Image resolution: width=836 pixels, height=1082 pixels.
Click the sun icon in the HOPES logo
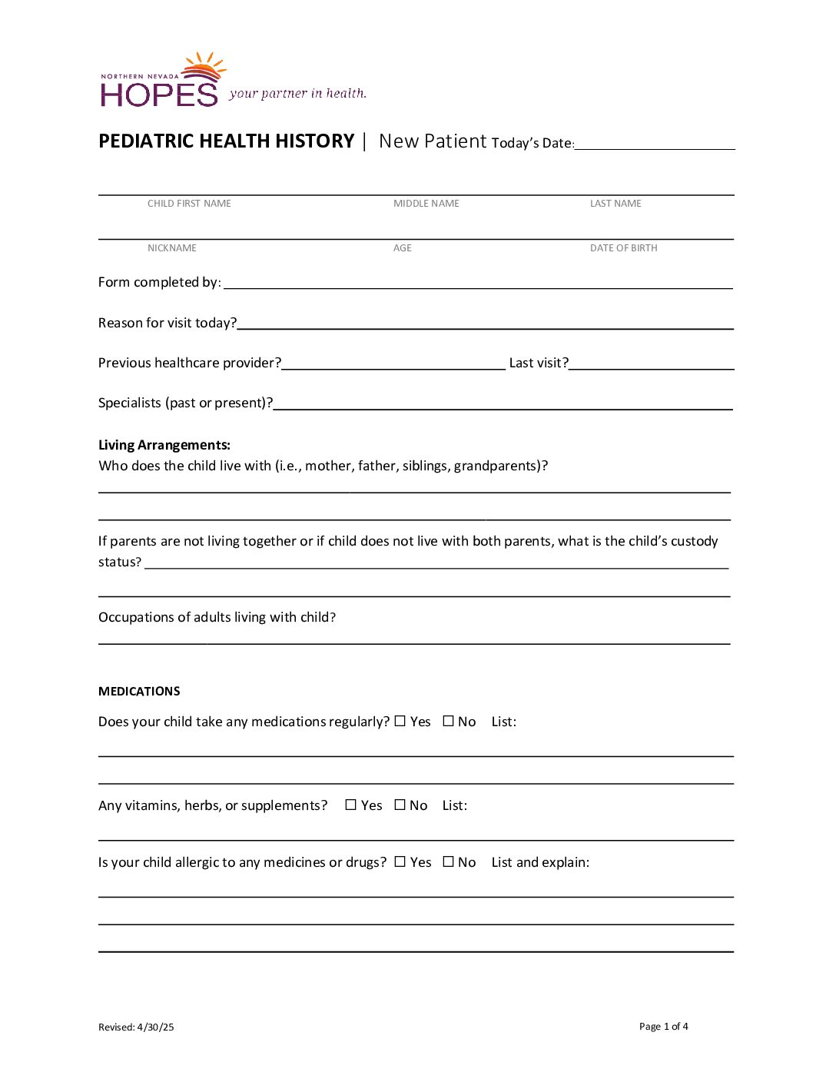204,68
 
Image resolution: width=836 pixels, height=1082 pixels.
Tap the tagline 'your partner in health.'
297,94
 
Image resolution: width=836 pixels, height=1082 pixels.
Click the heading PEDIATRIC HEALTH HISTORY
226,141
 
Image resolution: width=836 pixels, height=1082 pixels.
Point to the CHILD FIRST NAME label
189,204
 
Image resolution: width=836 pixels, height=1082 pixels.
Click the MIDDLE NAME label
426,204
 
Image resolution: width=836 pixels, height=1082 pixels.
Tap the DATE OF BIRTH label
623,248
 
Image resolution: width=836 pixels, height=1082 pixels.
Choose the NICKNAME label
172,248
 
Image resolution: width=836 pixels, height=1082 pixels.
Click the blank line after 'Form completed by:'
478,284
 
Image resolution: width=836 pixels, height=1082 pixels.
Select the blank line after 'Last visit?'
652,364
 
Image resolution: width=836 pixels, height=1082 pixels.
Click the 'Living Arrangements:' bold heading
164,445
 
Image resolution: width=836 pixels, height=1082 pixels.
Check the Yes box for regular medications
400,721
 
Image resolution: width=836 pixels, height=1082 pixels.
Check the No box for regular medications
449,721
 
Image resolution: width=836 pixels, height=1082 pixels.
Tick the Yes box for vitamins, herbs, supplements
351,805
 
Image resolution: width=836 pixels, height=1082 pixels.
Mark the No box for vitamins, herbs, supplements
400,805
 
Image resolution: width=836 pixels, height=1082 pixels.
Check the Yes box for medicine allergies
400,861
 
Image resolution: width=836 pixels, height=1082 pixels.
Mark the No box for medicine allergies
449,861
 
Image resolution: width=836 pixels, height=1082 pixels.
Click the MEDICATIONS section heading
139,692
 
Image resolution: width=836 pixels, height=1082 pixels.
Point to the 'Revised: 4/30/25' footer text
136,1027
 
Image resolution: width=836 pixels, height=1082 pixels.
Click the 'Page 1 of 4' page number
664,1027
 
